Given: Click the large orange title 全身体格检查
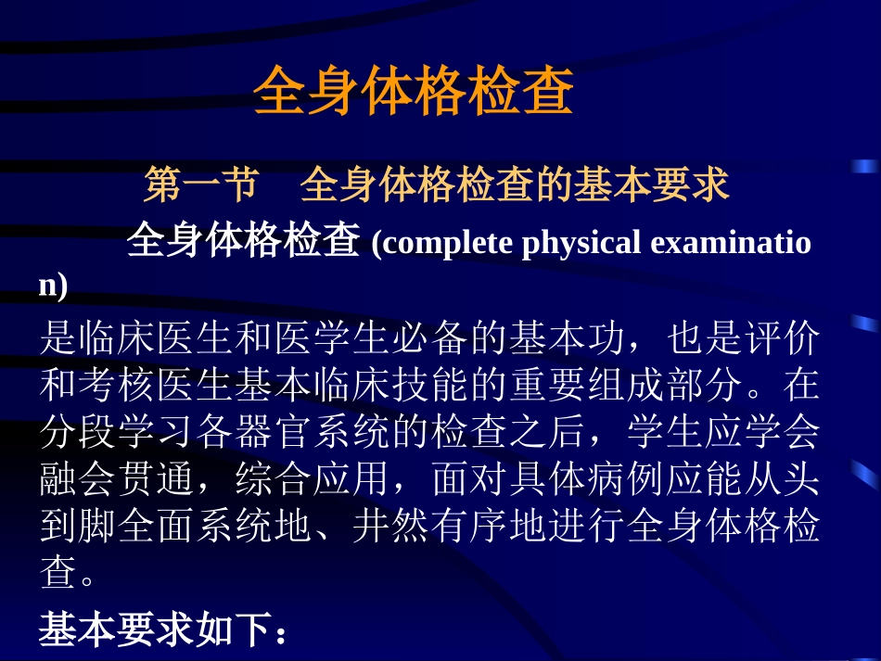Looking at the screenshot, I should tap(414, 91).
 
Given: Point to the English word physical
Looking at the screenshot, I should tap(582, 243).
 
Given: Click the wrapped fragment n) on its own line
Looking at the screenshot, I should tap(53, 286).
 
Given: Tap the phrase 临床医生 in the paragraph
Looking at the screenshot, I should tap(157, 339).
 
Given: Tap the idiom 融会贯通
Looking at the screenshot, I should tap(117, 478).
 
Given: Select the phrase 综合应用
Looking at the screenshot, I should tap(313, 478).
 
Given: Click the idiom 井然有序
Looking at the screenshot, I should tap(430, 527).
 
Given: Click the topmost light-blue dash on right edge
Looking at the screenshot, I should tap(864, 166).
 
